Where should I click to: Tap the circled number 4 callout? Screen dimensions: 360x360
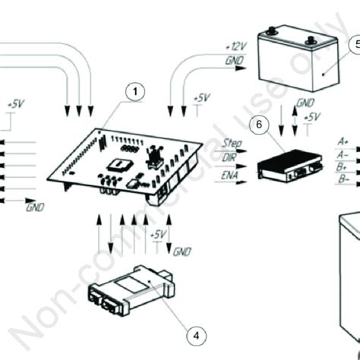click(194, 333)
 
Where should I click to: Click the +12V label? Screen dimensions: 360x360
click(236, 47)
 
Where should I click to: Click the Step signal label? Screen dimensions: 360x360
click(233, 142)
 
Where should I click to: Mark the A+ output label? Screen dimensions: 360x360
click(344, 141)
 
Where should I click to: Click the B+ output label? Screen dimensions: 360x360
click(344, 166)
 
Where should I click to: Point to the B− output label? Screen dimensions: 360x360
click(344, 179)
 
